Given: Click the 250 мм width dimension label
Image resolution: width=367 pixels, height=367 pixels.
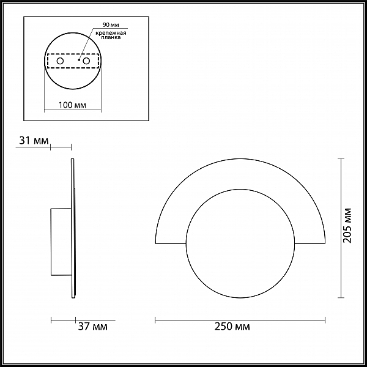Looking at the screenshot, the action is (x=232, y=326).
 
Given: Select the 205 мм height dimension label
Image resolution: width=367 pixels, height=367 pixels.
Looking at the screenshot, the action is (x=347, y=226).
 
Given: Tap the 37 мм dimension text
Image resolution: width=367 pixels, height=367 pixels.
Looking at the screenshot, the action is (x=93, y=326).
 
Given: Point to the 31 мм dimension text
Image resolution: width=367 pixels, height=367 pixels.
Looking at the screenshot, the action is (x=34, y=141).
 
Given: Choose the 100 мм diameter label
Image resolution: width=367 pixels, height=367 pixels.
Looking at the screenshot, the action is (x=72, y=105).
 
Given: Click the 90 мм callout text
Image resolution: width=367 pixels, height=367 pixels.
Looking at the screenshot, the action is (x=111, y=25).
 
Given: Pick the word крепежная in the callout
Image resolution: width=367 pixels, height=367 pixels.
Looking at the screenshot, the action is (x=111, y=33).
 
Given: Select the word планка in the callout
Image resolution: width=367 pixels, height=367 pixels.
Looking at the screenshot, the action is (x=111, y=37).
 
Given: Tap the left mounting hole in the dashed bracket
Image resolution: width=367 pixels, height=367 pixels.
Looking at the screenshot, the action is (x=60, y=61).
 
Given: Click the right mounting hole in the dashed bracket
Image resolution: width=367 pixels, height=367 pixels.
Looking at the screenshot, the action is (x=86, y=61).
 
